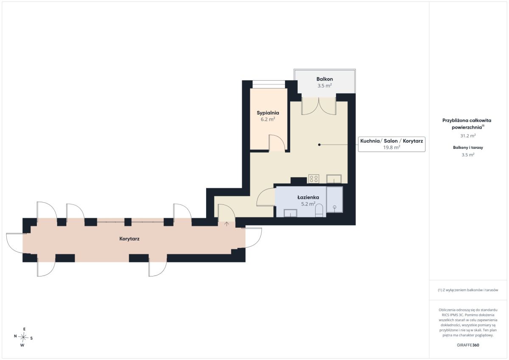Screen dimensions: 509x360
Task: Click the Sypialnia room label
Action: coord(268,113)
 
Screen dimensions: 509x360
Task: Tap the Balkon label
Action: coord(324,79)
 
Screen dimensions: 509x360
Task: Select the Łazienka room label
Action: coord(308,197)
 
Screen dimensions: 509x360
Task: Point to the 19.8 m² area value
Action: coord(392,147)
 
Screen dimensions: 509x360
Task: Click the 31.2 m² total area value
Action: coord(468,136)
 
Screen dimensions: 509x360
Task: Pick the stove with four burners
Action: coord(313,179)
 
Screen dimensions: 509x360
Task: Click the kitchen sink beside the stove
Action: coord(334,179)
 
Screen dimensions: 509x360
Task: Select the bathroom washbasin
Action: coord(291,213)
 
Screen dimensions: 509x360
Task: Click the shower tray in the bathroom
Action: coord(335,200)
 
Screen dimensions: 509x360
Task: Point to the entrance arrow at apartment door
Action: coord(227,224)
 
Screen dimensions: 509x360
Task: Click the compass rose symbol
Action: coord(23,337)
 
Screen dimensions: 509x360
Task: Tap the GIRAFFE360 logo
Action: coord(468,345)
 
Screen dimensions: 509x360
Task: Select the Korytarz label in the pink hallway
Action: coord(129,239)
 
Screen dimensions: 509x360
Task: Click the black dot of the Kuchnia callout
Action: coord(319,145)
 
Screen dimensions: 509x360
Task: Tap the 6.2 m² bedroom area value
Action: coord(268,119)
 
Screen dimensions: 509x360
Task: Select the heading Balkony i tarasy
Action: coord(468,148)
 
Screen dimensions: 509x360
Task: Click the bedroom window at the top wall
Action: coord(268,84)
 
